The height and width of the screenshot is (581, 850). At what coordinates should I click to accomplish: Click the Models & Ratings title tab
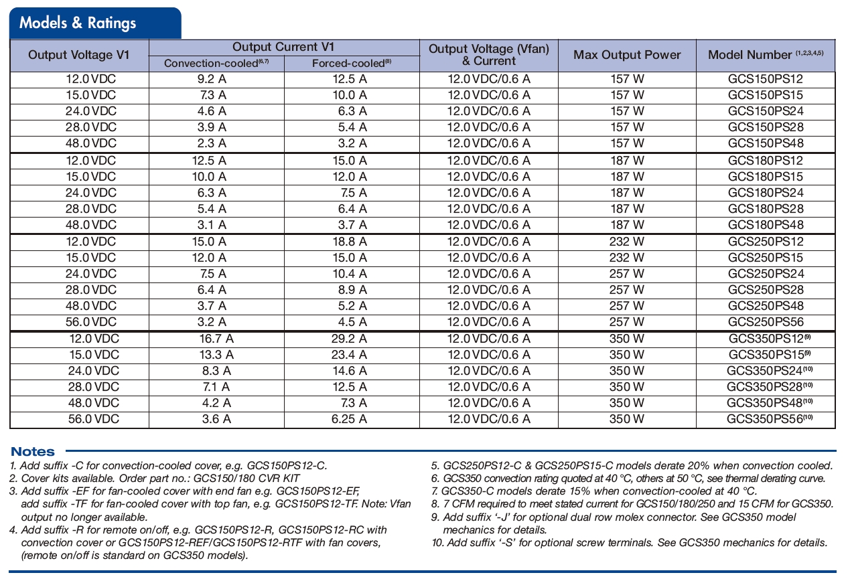(x=78, y=23)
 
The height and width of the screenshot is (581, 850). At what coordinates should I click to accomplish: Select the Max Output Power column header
(x=627, y=56)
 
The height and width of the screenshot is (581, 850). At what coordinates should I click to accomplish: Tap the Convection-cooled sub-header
(x=216, y=64)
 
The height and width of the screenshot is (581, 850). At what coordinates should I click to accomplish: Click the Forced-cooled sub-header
(x=352, y=64)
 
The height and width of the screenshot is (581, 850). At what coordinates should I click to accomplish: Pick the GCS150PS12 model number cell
(x=766, y=79)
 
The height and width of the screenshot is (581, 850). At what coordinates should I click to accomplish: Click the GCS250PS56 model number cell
(x=766, y=322)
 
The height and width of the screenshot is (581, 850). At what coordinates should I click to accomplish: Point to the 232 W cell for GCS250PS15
(x=627, y=258)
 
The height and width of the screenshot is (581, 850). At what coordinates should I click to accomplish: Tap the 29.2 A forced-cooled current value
(x=349, y=339)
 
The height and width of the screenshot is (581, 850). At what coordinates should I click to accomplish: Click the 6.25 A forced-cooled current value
(x=349, y=419)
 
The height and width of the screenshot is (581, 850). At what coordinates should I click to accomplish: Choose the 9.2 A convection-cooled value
(x=210, y=79)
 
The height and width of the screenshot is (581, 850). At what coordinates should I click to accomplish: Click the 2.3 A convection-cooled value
(x=210, y=143)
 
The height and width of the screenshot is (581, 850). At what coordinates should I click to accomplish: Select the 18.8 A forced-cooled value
(x=349, y=242)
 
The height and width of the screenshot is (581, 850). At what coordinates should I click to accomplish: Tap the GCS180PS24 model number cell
(x=766, y=193)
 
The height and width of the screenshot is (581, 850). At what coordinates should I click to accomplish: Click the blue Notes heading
(x=33, y=452)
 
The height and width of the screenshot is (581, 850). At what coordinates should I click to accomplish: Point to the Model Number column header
(x=765, y=55)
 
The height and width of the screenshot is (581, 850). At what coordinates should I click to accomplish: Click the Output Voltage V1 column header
(x=79, y=56)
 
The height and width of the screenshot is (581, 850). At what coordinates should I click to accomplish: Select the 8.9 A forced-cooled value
(x=352, y=290)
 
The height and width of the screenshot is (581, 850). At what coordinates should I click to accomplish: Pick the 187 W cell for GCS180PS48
(x=627, y=225)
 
